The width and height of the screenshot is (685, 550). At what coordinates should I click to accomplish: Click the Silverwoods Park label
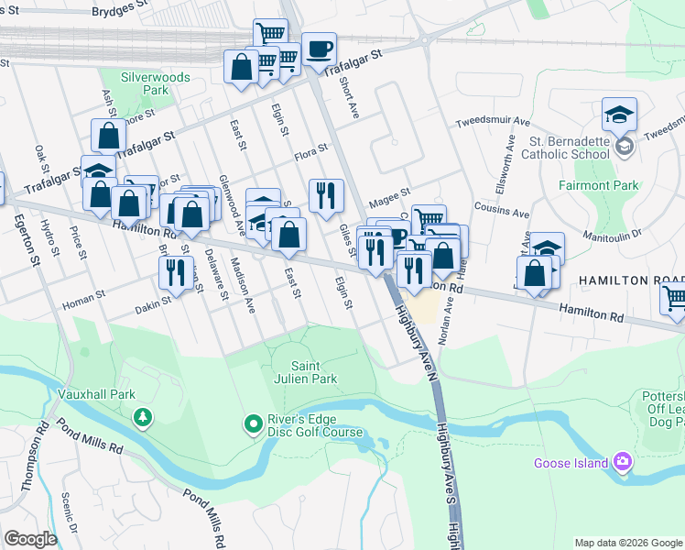coord(155,84)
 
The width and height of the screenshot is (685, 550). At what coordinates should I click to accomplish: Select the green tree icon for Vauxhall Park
coord(143,418)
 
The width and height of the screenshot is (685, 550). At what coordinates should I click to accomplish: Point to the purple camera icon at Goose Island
coord(623,461)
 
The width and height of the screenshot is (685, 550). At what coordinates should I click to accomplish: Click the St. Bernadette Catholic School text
coord(571,148)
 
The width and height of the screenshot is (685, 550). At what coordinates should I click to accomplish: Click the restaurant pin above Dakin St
coord(173,270)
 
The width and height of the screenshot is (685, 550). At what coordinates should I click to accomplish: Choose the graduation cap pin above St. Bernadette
coord(619,114)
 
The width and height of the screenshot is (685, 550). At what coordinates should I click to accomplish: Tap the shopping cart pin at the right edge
coord(674,297)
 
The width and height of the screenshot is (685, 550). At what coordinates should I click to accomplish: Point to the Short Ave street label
coord(350,100)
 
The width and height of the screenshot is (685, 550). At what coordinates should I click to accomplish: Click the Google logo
coord(30,539)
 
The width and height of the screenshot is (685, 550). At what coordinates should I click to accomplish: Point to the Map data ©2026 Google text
coord(626,543)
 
